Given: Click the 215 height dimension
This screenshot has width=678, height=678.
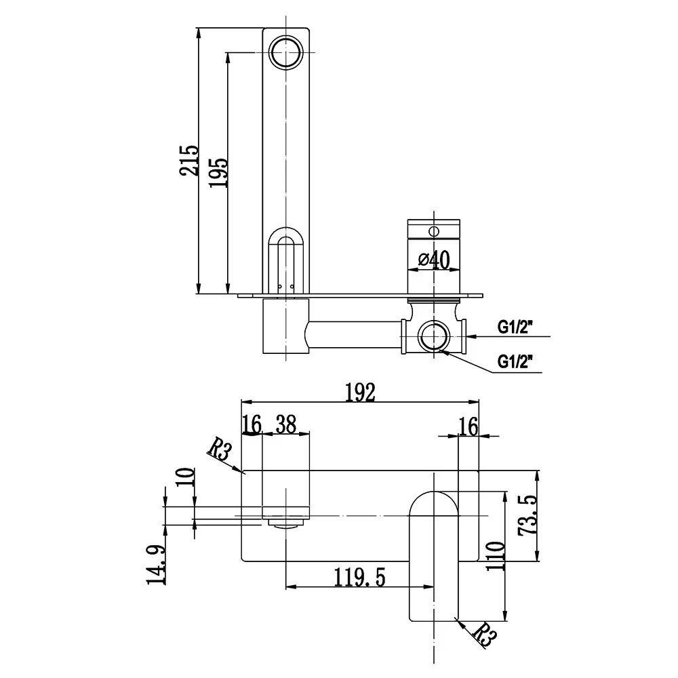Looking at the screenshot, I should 190,160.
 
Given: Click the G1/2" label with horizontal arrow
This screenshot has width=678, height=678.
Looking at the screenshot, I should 515,328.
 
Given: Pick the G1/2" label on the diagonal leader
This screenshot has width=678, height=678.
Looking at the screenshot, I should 515,362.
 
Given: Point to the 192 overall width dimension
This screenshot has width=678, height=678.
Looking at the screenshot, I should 359,393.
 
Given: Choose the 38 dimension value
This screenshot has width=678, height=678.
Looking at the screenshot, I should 285,425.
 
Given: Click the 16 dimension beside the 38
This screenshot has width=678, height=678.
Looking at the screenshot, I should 252,425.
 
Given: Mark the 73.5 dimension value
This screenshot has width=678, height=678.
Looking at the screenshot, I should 529,515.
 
